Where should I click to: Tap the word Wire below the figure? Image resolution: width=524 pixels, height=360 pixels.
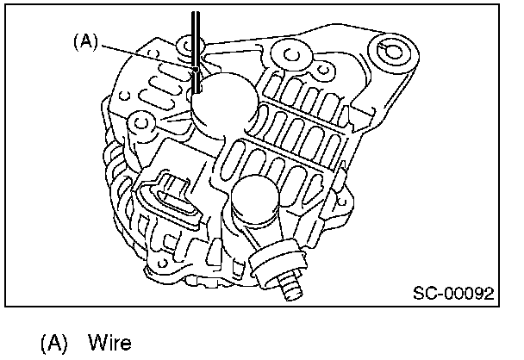(109, 344)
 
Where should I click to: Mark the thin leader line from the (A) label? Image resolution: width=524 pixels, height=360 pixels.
(147, 52)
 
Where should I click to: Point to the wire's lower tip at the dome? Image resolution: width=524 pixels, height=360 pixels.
(197, 86)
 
